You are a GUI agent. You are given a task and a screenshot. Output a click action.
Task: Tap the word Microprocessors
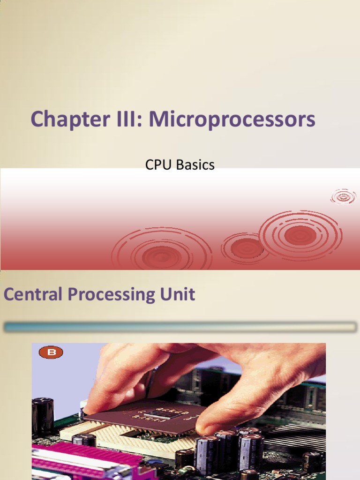click(x=232, y=120)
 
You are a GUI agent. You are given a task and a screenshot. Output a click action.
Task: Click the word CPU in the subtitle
click(x=157, y=165)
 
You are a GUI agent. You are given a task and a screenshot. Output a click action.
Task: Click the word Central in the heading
click(x=33, y=294)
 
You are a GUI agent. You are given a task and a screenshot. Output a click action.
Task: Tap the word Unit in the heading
click(x=180, y=294)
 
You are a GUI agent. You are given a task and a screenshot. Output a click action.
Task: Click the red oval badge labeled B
click(x=51, y=352)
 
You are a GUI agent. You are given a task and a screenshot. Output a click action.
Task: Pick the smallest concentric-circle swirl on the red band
click(x=343, y=196)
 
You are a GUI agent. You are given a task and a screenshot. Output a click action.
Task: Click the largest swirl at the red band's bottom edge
click(x=162, y=253)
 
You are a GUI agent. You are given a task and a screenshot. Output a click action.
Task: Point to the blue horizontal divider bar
click(x=180, y=327)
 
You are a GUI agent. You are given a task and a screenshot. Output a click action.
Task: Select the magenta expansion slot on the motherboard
click(x=89, y=462)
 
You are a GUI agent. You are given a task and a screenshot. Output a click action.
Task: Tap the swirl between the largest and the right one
click(x=247, y=247)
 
